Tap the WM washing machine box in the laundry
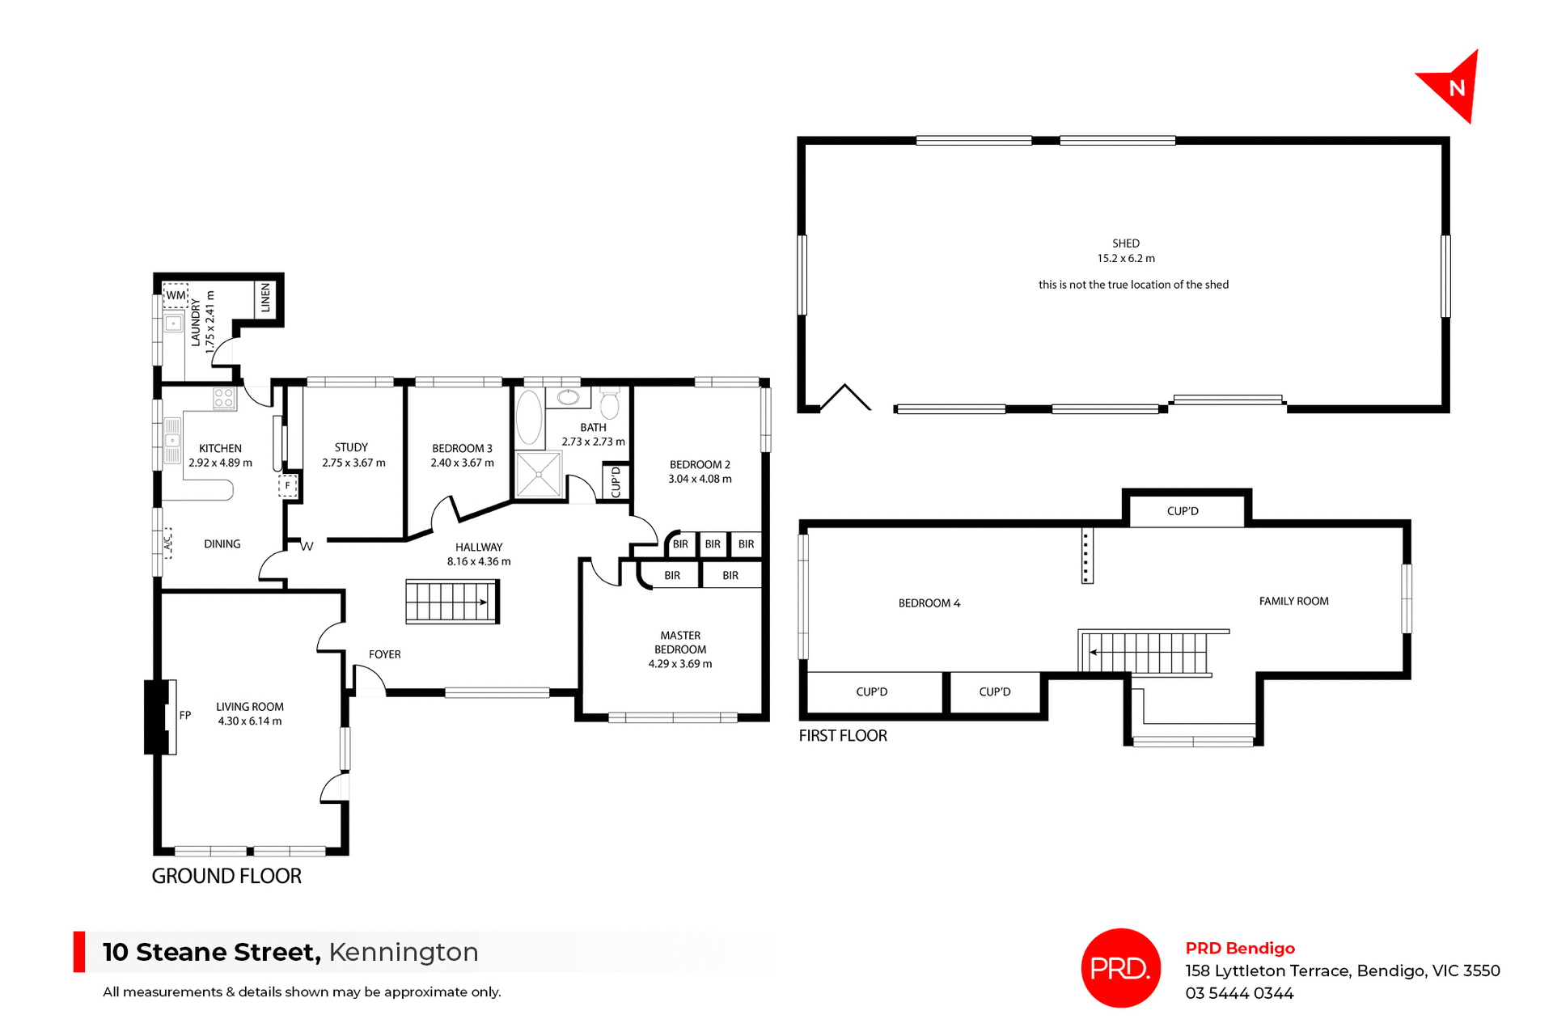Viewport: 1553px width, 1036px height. pos(176,295)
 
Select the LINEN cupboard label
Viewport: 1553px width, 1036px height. pos(265,298)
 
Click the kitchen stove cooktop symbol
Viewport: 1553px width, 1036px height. pos(224,398)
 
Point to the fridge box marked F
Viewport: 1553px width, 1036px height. pos(287,486)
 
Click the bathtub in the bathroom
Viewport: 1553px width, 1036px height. pos(529,418)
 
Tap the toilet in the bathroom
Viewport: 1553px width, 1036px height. pos(610,403)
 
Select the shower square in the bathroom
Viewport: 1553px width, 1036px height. pos(539,475)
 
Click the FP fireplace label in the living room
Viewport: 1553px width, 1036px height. pos(185,715)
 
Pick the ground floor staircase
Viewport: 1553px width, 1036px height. pos(451,602)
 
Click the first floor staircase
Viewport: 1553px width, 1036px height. pos(1145,652)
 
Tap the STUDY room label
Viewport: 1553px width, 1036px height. pos(351,447)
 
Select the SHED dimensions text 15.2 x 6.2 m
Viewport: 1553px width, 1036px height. pos(1126,259)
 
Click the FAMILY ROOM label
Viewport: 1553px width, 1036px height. pos(1293,601)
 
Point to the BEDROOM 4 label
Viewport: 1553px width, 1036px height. pos(929,603)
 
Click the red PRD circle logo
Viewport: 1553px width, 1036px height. pos(1120,967)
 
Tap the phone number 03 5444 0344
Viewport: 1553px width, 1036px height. pos(1239,993)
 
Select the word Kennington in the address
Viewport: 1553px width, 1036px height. pos(404,952)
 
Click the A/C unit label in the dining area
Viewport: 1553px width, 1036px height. pos(168,542)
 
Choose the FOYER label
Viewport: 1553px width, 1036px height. pos(385,654)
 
